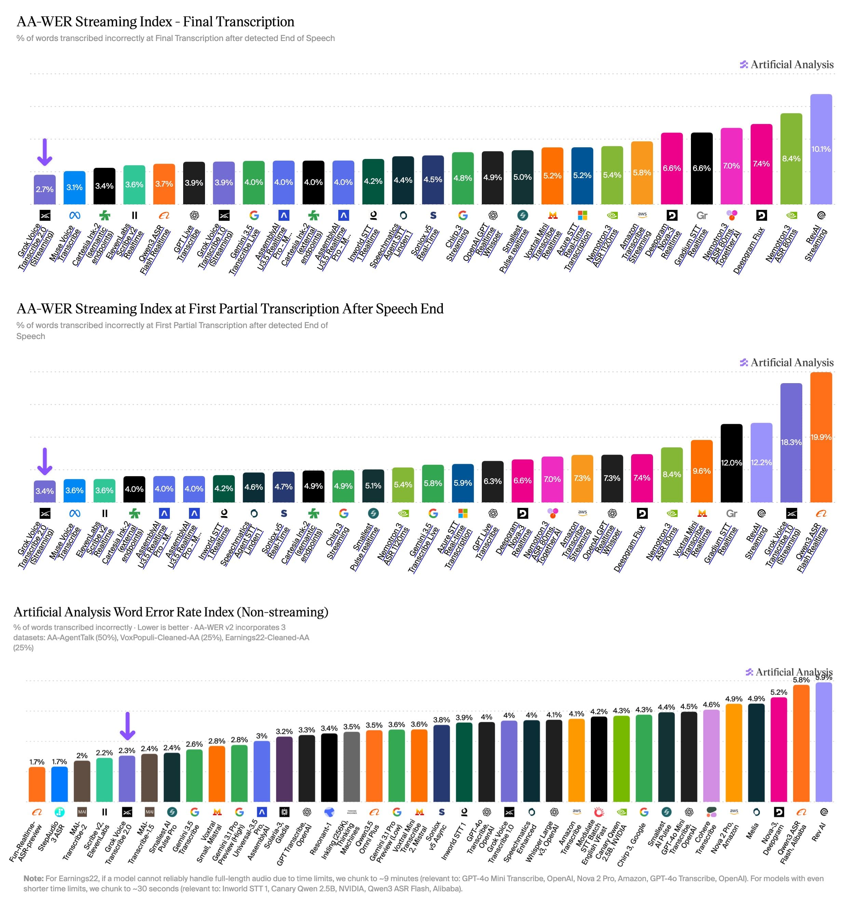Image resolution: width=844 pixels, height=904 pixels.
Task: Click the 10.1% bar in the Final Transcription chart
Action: pos(821,149)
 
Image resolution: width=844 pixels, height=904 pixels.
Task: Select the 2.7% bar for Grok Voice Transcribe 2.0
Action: pos(44,190)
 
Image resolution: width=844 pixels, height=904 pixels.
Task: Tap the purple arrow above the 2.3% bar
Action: pos(127,726)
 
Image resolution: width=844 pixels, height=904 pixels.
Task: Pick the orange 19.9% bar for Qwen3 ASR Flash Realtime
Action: pos(821,437)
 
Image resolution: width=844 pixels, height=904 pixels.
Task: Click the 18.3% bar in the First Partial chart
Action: pos(791,443)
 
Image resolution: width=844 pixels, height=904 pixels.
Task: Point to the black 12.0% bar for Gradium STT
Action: pos(731,463)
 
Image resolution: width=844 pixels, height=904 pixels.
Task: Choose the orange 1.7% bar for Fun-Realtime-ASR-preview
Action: pos(37,784)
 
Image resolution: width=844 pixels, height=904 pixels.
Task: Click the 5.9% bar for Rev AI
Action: pos(823,742)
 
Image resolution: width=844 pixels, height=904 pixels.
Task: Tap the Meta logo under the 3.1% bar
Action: pos(74,215)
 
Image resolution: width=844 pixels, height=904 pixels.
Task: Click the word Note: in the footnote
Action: pos(33,878)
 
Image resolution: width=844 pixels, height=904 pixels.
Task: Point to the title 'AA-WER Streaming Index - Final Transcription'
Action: pos(155,22)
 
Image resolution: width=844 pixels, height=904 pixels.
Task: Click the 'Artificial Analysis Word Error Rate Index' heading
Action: pos(171,612)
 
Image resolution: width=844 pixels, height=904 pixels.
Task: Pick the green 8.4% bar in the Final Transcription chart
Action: pos(791,159)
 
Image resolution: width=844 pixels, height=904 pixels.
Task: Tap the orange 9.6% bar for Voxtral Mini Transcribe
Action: pos(702,471)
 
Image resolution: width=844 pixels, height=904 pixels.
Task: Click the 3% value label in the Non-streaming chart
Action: pos(261,736)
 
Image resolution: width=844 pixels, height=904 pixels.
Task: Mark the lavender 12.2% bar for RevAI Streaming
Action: pos(761,462)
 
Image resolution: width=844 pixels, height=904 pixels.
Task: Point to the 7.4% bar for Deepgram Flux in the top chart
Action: pos(761,164)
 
